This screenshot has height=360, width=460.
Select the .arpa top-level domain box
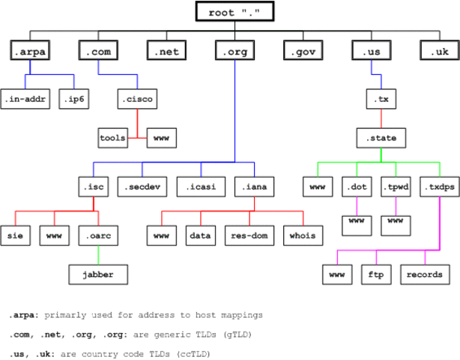[x=30, y=51]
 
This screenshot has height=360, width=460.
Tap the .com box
[x=98, y=51]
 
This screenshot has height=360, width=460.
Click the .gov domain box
[x=303, y=51]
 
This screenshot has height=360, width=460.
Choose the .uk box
[x=439, y=51]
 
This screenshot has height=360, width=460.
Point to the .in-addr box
[x=26, y=98]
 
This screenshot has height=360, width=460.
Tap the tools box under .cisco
[x=112, y=138]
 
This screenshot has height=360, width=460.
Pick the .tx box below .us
[x=381, y=98]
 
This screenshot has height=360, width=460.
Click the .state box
[x=381, y=138]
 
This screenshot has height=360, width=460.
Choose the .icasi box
[x=198, y=184]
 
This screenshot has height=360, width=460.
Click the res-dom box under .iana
[x=248, y=235]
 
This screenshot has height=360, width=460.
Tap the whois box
[x=303, y=235]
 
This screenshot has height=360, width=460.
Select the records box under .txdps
[x=425, y=274]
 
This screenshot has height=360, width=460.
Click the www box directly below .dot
[x=357, y=223]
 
